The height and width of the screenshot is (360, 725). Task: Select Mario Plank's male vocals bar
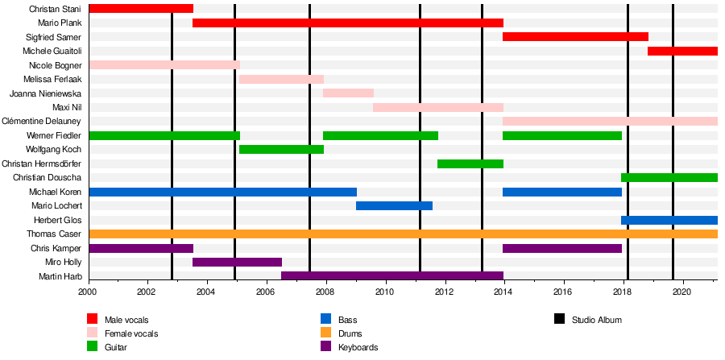coord(347,23)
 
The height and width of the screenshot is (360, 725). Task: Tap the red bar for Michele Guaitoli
coord(682,52)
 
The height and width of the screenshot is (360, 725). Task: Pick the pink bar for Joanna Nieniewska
coord(348,93)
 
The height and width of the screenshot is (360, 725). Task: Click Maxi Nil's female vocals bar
coord(437,107)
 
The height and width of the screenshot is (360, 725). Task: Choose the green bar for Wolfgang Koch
coord(281,149)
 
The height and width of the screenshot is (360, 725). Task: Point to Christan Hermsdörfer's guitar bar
coord(470,163)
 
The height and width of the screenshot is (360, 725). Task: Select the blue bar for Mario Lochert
coord(394,205)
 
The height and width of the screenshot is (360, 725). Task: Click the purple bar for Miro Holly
coord(237,262)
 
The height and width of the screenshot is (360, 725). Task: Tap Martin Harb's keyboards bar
coord(391,276)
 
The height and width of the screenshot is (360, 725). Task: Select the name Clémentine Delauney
coord(46,122)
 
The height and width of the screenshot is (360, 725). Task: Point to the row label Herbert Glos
coord(57,220)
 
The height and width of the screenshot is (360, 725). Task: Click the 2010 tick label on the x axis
coord(385,292)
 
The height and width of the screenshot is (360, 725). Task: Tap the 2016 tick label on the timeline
coord(563,292)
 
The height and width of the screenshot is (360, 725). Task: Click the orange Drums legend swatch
coord(325,333)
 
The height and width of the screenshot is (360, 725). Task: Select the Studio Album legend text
coord(596,320)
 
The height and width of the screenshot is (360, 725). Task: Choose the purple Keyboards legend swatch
coord(325,347)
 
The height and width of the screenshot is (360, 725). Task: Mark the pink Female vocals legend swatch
coord(92,333)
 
